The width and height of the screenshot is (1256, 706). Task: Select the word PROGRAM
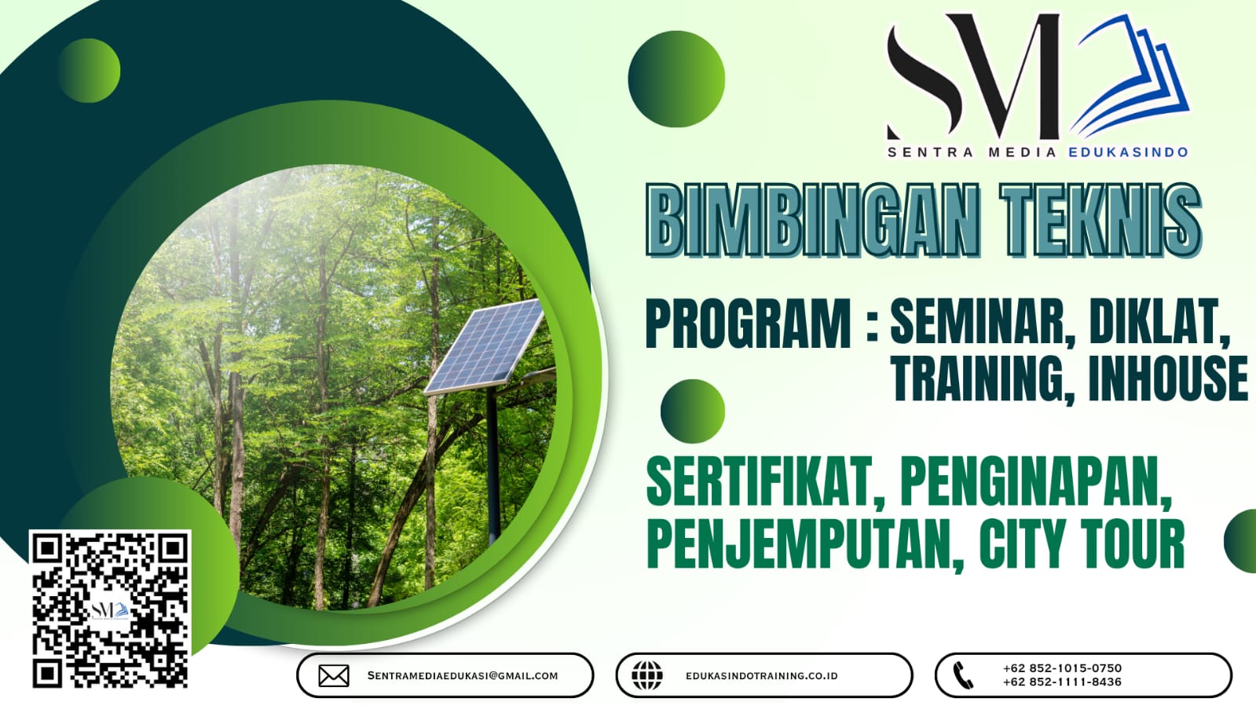point(748,324)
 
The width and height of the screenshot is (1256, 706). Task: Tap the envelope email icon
point(334,675)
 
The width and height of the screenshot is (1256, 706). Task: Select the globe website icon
point(647,675)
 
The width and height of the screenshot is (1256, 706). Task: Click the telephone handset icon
point(963,675)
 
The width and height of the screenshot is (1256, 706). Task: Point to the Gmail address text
point(463,675)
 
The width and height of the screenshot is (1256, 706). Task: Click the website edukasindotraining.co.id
point(761,675)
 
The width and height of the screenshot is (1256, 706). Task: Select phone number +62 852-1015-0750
point(1062,668)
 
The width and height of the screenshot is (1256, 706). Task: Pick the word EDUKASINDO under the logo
point(1128,152)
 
